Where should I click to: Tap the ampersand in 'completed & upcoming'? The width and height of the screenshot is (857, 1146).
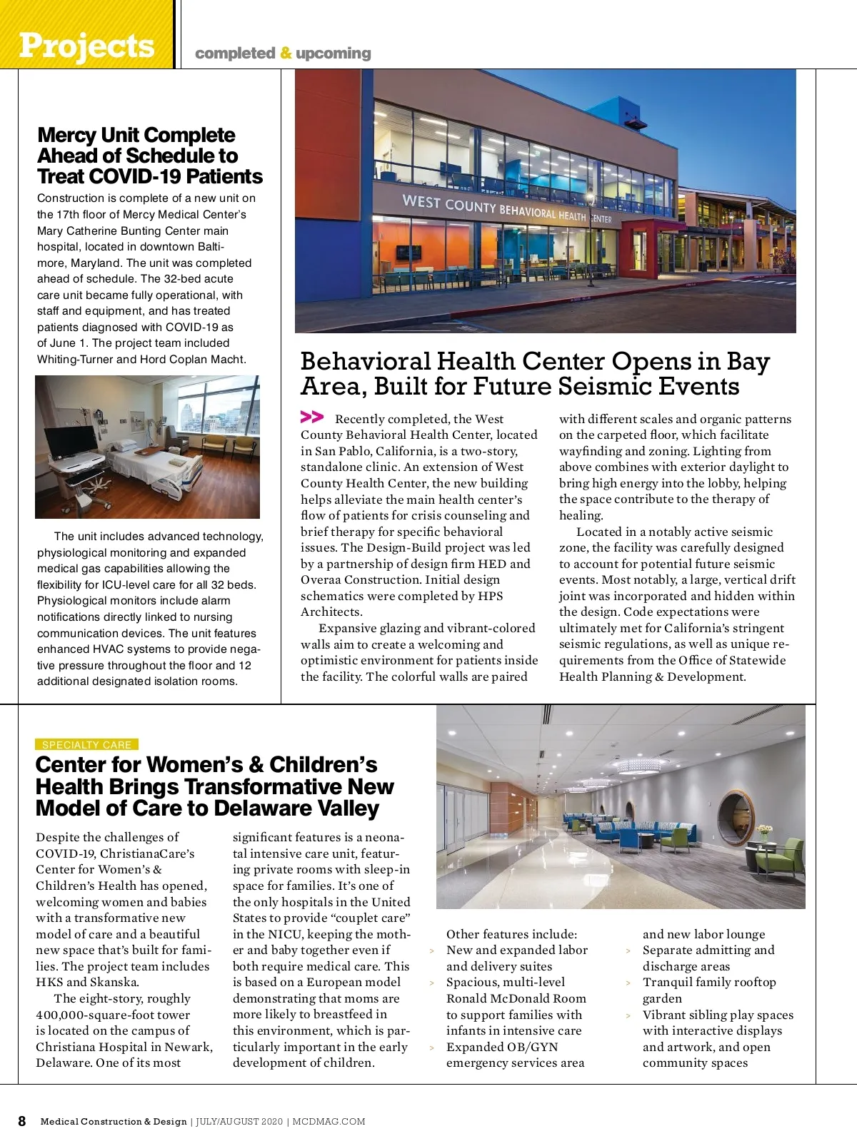coord(286,54)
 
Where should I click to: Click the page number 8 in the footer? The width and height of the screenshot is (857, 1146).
coord(22,1121)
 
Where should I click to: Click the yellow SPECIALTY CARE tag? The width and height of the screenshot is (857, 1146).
coord(86,744)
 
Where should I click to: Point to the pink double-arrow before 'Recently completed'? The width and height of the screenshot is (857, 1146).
coord(312,417)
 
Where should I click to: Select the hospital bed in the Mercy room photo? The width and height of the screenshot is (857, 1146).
coord(154,465)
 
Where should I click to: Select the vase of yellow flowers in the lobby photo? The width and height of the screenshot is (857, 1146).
coord(764,832)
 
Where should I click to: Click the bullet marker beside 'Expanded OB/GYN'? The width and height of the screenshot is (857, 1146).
coord(432,1048)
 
